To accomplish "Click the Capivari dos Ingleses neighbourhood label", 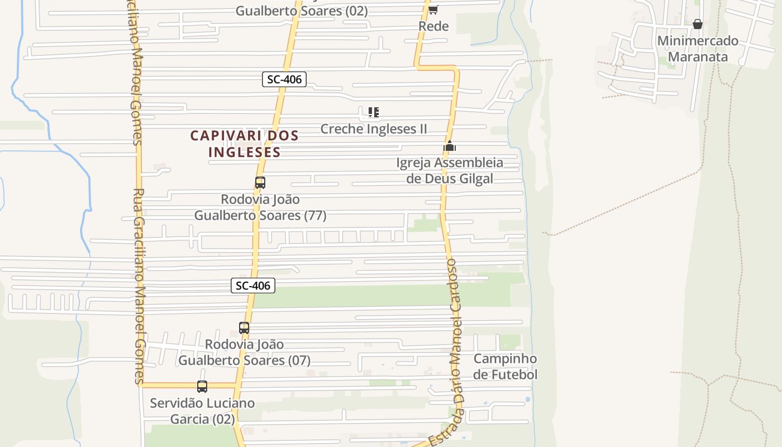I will point(245,144).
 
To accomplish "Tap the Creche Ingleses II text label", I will point(374,129).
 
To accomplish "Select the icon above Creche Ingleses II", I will point(374,112).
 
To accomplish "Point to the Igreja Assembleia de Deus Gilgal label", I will point(450,170).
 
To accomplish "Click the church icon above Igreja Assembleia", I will point(450,146).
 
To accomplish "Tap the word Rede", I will point(433,26).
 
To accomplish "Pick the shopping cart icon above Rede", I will point(433,9).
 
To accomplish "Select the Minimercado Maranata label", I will point(698,49).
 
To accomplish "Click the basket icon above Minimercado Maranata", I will point(698,24).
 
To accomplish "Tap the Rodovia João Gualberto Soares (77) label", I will point(260,207).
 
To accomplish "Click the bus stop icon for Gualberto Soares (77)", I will point(260,182).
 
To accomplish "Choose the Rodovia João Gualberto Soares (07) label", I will point(245,353).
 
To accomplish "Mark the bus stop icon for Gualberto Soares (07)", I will point(244,328).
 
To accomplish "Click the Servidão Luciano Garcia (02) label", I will point(202,411).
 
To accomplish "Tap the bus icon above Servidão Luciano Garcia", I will point(202,386).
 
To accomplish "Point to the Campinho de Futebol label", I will point(505,367).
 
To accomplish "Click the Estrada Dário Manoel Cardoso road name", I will point(453,352).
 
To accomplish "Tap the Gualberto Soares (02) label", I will point(302,11).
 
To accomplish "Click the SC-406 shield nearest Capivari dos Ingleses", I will point(284,79).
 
